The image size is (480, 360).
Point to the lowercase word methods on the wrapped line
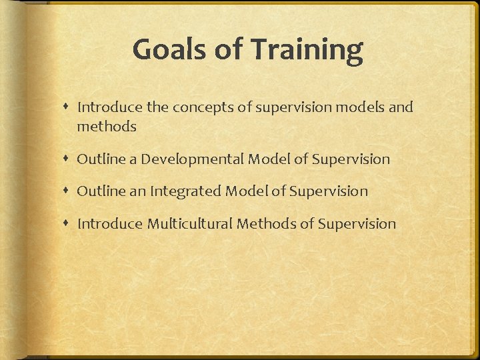click(x=107, y=127)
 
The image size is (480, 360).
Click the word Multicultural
click(x=191, y=224)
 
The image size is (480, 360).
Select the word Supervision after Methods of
click(x=357, y=224)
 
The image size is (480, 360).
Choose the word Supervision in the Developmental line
click(x=351, y=159)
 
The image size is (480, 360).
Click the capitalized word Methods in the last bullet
click(x=267, y=224)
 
